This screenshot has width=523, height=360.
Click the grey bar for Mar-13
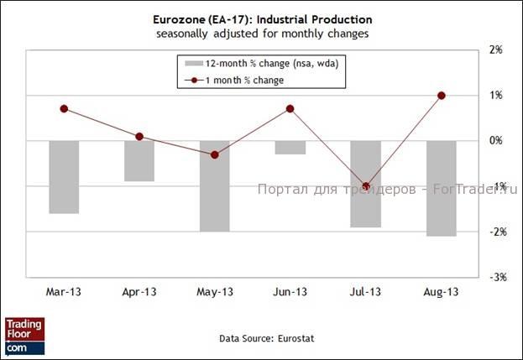pyautogui.click(x=64, y=177)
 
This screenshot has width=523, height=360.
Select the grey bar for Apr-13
pyautogui.click(x=139, y=161)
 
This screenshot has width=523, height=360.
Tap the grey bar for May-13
pyautogui.click(x=214, y=186)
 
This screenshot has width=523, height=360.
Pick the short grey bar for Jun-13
pyautogui.click(x=290, y=148)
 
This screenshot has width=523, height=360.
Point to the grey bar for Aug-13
pyautogui.click(x=441, y=189)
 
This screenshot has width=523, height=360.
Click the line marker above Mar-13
pyautogui.click(x=64, y=109)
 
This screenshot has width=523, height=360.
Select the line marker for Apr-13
pyautogui.click(x=139, y=136)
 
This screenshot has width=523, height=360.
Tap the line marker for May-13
pyautogui.click(x=214, y=154)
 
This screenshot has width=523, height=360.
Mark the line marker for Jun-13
pyautogui.click(x=290, y=108)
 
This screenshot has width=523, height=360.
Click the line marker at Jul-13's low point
pyautogui.click(x=366, y=186)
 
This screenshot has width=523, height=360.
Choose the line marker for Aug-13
pyautogui.click(x=442, y=95)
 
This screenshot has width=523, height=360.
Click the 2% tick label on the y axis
pyautogui.click(x=495, y=50)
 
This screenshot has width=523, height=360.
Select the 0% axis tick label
pyautogui.click(x=495, y=141)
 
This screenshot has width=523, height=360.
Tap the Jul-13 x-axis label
pyautogui.click(x=366, y=293)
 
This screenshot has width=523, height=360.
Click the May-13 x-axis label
pyautogui.click(x=214, y=293)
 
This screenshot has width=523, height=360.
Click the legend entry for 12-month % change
pyautogui.click(x=248, y=65)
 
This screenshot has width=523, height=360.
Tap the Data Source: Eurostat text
pyautogui.click(x=261, y=337)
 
